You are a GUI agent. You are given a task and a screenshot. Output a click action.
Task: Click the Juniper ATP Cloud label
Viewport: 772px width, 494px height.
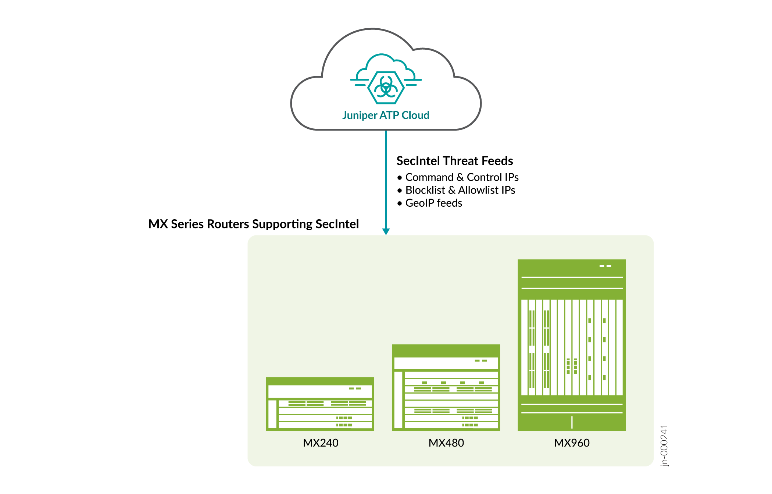point(386,115)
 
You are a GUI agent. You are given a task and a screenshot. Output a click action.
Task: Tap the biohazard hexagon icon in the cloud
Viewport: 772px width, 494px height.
point(386,88)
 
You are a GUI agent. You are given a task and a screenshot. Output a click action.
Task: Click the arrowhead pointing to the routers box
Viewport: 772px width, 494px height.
point(386,231)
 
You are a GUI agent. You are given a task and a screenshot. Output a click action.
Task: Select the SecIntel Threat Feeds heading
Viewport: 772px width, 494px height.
point(454,161)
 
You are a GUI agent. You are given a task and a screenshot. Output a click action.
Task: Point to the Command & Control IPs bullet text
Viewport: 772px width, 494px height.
point(462,177)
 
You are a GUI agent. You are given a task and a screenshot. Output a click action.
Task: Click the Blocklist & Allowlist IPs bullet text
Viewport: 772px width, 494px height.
point(460,190)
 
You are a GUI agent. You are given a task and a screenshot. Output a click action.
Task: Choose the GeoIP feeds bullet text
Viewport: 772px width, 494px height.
point(433,203)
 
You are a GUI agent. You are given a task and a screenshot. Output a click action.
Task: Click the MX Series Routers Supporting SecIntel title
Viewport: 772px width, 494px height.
point(253,224)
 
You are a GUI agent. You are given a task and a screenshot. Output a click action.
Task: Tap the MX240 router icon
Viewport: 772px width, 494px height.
point(320,404)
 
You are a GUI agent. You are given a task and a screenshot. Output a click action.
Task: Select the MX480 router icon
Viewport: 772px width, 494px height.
point(446,387)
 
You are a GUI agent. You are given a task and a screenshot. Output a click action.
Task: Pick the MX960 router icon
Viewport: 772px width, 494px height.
point(572,345)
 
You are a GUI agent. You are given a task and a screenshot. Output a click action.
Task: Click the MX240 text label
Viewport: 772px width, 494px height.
point(321,443)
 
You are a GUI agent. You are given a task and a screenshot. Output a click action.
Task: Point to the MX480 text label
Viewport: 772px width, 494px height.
point(446,443)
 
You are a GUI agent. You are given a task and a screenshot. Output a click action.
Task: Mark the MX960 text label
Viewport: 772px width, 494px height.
point(572,443)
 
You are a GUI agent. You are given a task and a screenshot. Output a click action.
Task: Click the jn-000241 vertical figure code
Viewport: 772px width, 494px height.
point(664,445)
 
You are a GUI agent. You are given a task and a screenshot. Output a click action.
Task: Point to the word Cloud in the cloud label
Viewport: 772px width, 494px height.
point(415,115)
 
